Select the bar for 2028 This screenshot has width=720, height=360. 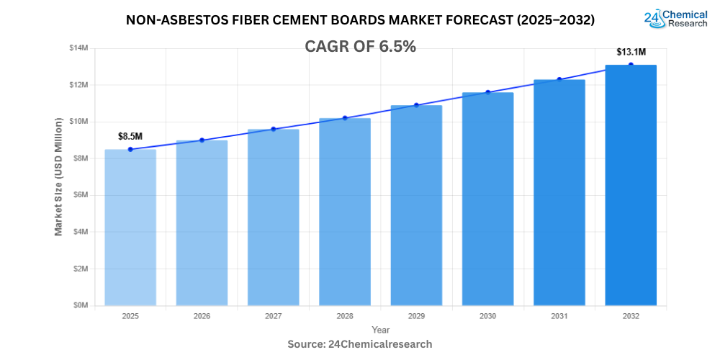tap(345, 212)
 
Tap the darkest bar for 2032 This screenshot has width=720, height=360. tap(631, 185)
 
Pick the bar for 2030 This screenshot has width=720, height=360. tap(487, 199)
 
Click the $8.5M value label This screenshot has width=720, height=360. tap(130, 136)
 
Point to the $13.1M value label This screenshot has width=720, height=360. tap(631, 52)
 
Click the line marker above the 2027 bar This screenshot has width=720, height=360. tap(274, 129)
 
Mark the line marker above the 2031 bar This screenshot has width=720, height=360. tap(559, 79)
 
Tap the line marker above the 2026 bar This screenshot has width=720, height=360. tap(202, 140)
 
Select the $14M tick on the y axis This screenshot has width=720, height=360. tap(78, 48)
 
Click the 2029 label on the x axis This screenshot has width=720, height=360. tap(416, 316)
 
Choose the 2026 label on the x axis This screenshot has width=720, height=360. tap(202, 316)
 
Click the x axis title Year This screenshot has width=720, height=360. tap(381, 330)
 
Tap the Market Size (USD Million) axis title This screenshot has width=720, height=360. tap(58, 176)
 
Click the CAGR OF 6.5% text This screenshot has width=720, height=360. tap(360, 47)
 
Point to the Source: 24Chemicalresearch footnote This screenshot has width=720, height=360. tap(360, 344)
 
